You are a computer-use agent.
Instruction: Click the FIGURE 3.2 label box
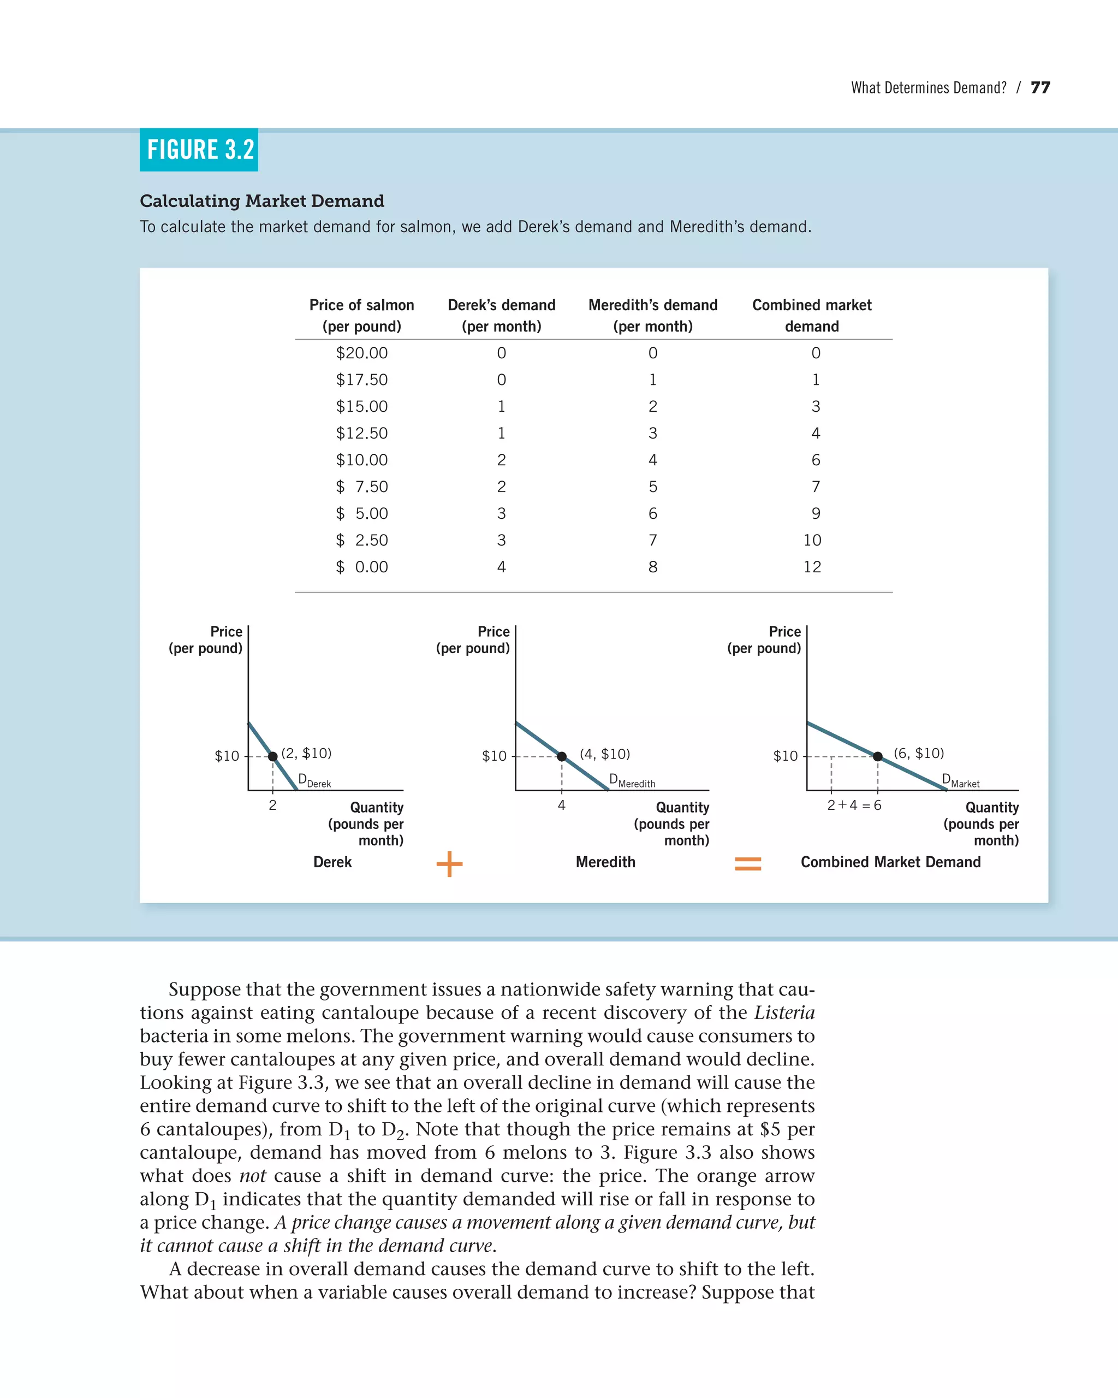tap(199, 150)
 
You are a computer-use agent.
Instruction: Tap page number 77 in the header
tap(1040, 87)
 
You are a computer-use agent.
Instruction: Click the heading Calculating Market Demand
tap(262, 201)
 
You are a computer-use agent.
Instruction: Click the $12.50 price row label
tap(361, 433)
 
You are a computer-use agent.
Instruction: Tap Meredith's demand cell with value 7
tap(653, 540)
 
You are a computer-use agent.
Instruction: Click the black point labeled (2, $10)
tap(273, 756)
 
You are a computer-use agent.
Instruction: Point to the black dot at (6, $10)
tap(878, 756)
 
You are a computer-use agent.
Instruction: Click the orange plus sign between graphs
tap(449, 864)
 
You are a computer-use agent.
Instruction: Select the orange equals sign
tap(747, 864)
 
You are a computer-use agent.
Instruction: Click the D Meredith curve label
tap(632, 781)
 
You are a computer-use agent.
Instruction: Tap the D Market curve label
tap(960, 781)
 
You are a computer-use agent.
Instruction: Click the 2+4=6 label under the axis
tap(854, 805)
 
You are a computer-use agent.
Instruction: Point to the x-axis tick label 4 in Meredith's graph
tap(561, 805)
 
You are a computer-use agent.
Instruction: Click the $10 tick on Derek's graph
tap(227, 756)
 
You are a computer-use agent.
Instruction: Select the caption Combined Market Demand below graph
tap(890, 862)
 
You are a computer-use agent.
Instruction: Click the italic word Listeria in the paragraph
tap(784, 1012)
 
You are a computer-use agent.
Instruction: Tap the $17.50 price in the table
tap(361, 380)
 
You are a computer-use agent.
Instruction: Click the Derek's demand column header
tap(501, 315)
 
